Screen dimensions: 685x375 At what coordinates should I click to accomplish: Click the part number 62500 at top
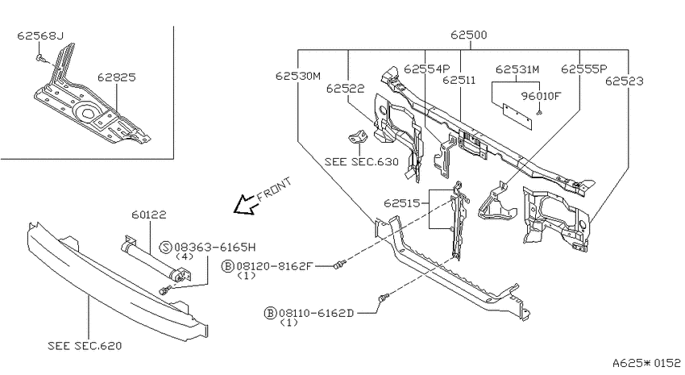(468, 35)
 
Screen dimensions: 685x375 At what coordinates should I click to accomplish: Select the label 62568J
(40, 35)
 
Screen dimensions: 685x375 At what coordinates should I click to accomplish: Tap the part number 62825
(117, 77)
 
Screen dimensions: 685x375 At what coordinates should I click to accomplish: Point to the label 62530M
(298, 76)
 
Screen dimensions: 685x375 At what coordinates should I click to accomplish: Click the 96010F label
(541, 96)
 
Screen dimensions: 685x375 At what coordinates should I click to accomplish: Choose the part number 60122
(149, 215)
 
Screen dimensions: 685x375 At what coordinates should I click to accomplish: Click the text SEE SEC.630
(362, 162)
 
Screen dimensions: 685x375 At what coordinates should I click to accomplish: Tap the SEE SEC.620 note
(85, 346)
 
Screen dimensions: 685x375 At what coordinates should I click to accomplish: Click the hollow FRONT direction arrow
(245, 205)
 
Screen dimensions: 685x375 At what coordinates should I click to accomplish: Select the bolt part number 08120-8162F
(274, 266)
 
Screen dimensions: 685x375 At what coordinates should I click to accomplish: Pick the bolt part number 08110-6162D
(316, 313)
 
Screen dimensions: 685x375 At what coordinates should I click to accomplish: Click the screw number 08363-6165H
(214, 248)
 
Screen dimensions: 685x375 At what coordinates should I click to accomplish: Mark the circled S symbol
(166, 248)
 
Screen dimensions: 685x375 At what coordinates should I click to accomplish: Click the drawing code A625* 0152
(646, 362)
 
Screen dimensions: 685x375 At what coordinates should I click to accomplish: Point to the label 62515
(401, 203)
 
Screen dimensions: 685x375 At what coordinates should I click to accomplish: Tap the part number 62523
(625, 81)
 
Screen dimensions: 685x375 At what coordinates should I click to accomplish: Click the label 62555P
(584, 69)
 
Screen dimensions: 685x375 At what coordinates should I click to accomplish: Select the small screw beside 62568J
(40, 58)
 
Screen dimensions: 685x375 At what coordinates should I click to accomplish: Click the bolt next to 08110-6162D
(384, 298)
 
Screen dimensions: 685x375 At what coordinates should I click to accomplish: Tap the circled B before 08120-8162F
(227, 266)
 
